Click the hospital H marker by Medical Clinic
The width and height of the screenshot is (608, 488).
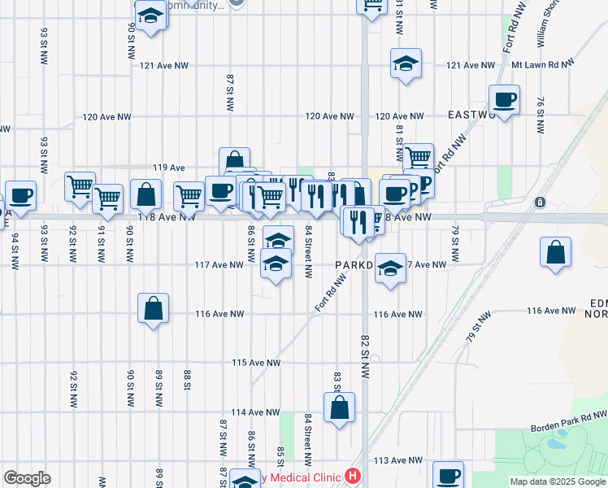tap(353, 475)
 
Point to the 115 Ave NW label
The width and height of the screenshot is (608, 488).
tap(256, 363)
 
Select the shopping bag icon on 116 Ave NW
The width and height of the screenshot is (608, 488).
tap(153, 308)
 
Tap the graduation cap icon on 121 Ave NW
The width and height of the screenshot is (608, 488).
tap(405, 63)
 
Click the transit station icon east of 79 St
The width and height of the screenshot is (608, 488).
tap(537, 202)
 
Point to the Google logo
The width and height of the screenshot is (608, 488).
tap(27, 478)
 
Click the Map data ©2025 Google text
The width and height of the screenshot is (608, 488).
tap(558, 482)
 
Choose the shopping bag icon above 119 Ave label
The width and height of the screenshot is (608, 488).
tap(234, 160)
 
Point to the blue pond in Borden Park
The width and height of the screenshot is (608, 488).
tap(558, 444)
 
